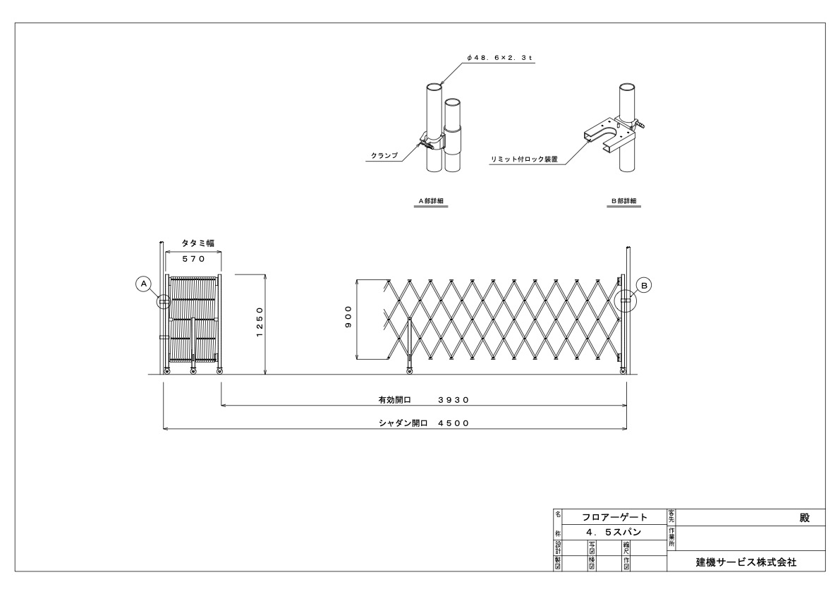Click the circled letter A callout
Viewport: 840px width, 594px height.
144,284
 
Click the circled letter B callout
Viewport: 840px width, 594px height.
645,284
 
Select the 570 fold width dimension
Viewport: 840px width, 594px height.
193,259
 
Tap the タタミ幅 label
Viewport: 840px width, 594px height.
193,243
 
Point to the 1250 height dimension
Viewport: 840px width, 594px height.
260,322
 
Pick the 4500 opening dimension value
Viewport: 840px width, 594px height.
453,423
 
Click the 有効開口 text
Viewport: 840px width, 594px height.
394,399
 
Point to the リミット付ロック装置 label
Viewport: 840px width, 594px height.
524,159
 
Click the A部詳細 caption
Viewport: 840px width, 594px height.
430,201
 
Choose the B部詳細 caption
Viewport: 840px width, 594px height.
623,201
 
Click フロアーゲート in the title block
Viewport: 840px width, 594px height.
614,517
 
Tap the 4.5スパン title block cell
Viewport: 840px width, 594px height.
614,532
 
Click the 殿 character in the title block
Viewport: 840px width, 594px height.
804,517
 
